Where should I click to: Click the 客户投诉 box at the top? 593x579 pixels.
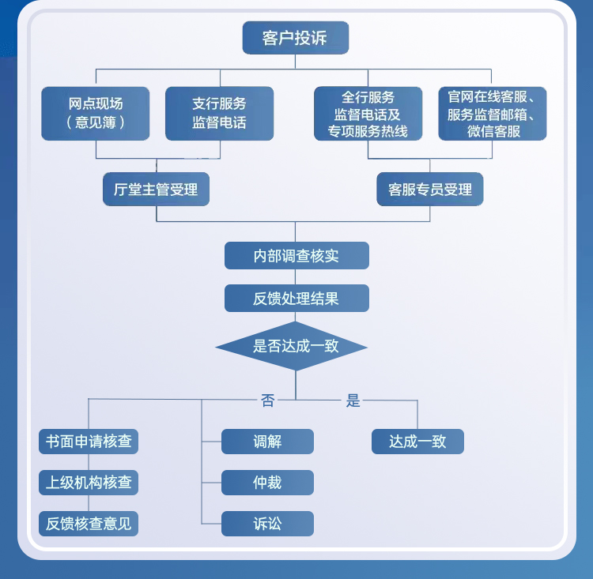coord(295,37)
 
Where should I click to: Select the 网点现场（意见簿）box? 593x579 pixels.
coord(96,113)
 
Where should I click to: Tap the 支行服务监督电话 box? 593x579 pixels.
coord(219,113)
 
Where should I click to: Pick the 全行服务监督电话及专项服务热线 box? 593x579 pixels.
coord(368,114)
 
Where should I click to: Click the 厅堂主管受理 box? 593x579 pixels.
coord(156,190)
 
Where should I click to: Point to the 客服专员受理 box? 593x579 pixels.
coord(430,190)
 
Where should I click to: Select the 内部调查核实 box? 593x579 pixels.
coord(296,256)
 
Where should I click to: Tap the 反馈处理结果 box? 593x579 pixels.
coord(296,299)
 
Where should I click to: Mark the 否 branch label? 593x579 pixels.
coord(268,400)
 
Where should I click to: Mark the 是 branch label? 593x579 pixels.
coord(353,400)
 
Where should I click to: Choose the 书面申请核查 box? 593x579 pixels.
coord(89,442)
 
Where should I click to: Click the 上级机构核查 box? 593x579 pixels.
coord(89,483)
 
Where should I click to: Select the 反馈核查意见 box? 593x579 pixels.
coord(89,524)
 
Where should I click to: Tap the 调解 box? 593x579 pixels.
coord(267,442)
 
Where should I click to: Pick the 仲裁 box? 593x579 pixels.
coord(267,483)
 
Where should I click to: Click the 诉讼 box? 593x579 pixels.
coord(267,524)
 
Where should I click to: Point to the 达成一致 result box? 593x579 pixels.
coord(417,442)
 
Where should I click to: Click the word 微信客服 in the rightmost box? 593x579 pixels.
coord(493,131)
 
